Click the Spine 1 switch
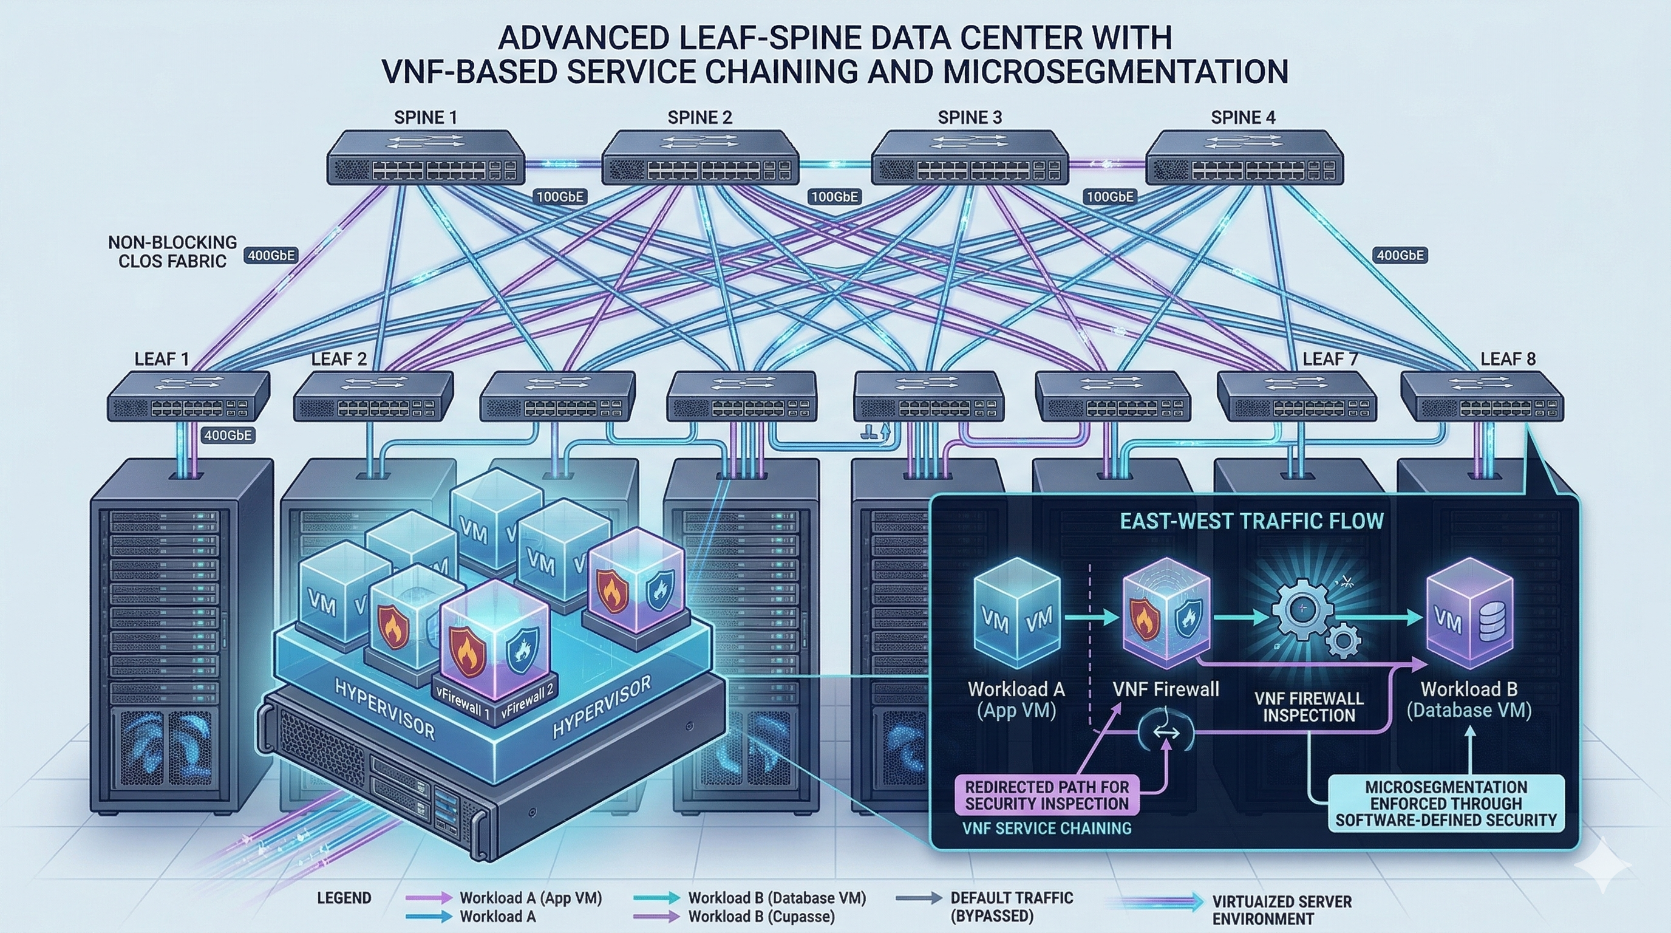[x=426, y=158]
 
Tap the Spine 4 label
[x=1242, y=117]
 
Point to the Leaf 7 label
[x=1330, y=359]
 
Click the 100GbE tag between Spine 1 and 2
[x=559, y=197]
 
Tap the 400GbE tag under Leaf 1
[x=227, y=436]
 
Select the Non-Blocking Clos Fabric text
[x=172, y=251]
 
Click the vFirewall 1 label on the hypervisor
[x=462, y=703]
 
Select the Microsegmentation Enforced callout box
[x=1446, y=804]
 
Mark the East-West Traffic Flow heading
[x=1252, y=521]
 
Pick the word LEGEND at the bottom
[x=344, y=898]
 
